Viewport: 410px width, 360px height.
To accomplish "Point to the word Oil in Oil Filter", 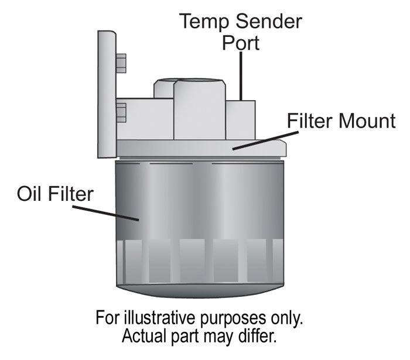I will (32, 193).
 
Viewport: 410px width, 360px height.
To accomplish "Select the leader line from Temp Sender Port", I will (241, 76).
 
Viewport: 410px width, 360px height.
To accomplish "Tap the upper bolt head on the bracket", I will (121, 63).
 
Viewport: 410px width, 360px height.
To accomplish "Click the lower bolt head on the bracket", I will (121, 112).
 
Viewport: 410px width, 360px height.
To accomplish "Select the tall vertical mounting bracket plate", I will (106, 94).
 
